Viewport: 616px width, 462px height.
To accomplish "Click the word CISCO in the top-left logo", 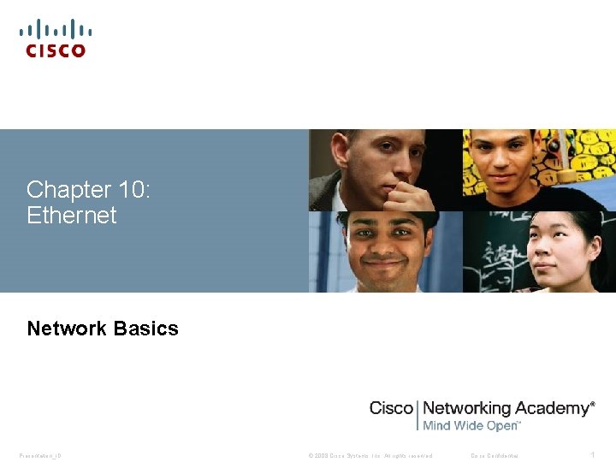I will pos(56,51).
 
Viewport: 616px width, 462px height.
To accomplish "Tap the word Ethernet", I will pos(71,216).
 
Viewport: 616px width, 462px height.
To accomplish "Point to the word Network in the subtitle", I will pos(67,329).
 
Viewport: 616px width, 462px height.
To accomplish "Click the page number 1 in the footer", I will pos(591,455).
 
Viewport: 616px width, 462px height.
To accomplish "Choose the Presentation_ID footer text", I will pos(40,455).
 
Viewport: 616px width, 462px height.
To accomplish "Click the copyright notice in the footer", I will pos(370,455).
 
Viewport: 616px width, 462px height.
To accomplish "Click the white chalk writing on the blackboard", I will pos(496,257).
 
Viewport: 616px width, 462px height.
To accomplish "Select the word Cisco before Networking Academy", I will pos(391,409).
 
